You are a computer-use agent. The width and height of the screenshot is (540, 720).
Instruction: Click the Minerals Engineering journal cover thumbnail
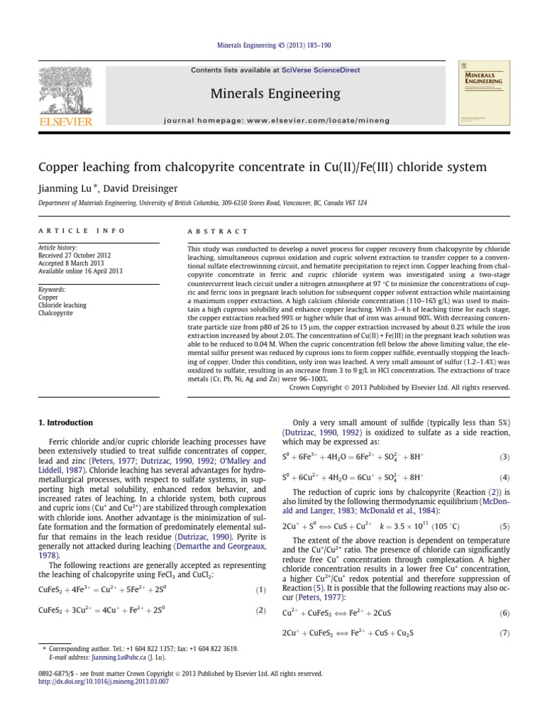pyautogui.click(x=482, y=95)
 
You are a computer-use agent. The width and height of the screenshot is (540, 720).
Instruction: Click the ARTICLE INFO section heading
pyautogui.click(x=80, y=231)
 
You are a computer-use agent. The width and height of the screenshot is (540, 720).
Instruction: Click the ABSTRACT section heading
pyautogui.click(x=217, y=231)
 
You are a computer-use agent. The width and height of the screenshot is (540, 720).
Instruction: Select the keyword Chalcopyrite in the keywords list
pyautogui.click(x=56, y=313)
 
